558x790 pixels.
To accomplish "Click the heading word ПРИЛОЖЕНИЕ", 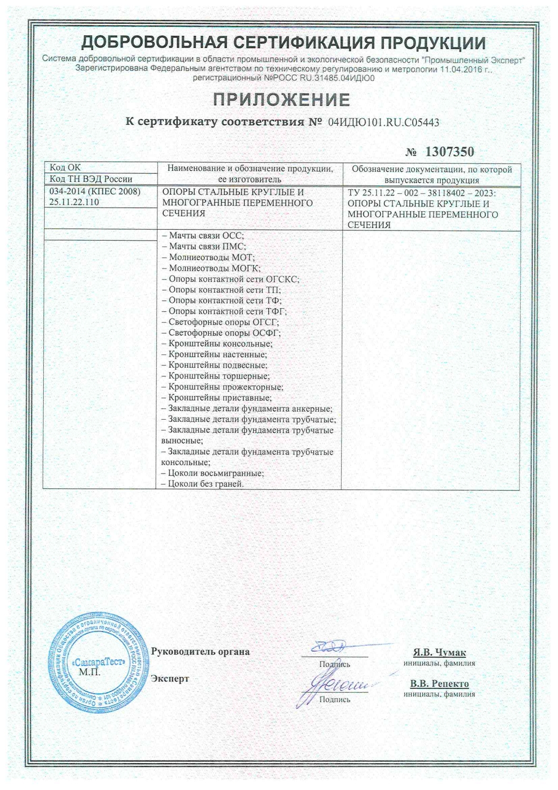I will point(281,99).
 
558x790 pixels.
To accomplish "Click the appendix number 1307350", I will point(449,152).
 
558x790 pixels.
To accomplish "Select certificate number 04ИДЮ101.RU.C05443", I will point(383,122).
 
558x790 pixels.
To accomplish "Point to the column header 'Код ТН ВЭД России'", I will point(91,179).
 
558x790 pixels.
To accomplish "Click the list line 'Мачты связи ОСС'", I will point(203,235).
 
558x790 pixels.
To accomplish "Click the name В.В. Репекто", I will point(439,684).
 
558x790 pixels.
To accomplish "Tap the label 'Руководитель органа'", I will point(200,651).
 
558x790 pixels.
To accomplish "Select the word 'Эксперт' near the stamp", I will point(170,678).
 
